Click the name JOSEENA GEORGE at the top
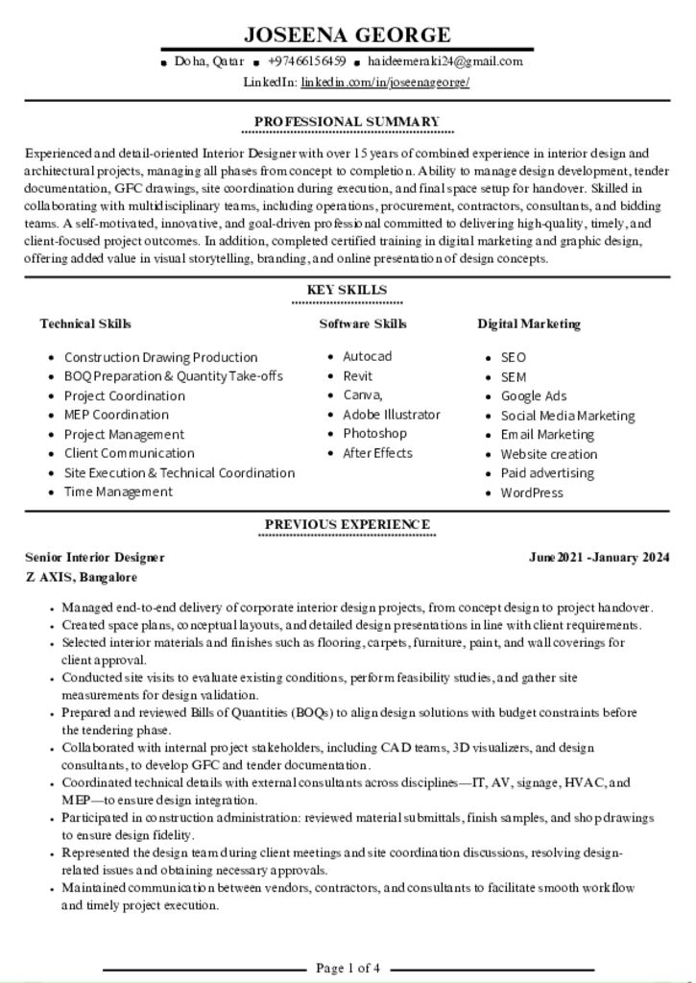point(347,36)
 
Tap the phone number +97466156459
point(307,61)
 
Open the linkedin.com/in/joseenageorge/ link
point(385,83)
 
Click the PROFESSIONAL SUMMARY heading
point(347,122)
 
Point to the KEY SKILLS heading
point(347,290)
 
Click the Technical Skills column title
point(85,324)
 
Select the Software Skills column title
point(363,324)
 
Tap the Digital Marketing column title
point(529,324)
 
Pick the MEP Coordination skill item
point(116,415)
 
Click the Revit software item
point(357,376)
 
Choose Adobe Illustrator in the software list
point(392,415)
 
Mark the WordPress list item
point(532,492)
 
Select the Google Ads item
point(534,396)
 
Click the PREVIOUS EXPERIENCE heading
point(347,524)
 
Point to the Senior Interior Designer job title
point(95,557)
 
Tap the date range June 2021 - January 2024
point(599,557)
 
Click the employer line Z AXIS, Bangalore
point(82,578)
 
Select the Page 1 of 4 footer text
point(348,968)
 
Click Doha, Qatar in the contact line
point(208,61)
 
